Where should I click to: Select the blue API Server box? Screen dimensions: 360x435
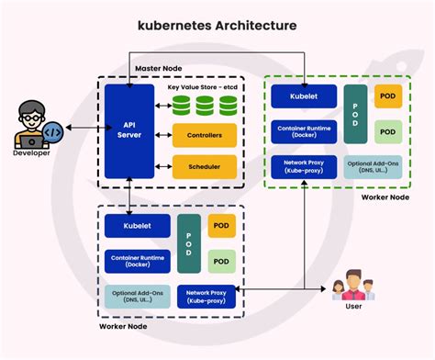(129, 130)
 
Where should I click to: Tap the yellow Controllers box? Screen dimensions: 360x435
(205, 135)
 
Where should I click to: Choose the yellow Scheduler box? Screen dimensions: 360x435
(205, 166)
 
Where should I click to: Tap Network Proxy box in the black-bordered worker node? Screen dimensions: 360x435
(206, 296)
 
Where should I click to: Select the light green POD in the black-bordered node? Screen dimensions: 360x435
(220, 261)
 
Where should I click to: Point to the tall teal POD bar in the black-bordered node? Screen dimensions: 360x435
(188, 242)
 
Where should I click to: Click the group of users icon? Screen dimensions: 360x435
(353, 286)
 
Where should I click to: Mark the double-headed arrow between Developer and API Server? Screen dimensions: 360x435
(77, 131)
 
